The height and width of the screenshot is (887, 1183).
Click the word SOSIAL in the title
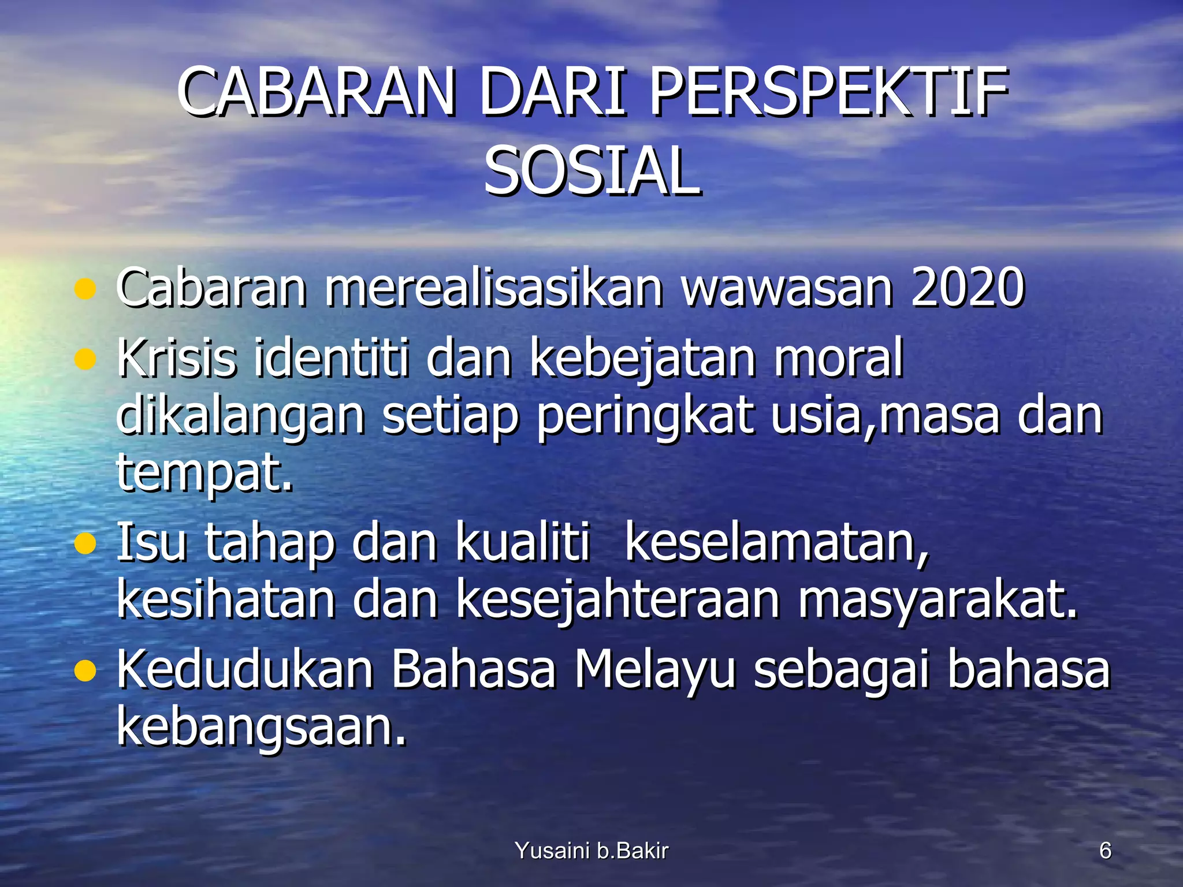pos(591,172)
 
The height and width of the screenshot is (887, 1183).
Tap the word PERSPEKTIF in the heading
pos(829,92)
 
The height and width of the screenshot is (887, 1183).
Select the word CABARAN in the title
pos(317,92)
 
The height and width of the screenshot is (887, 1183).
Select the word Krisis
pos(177,358)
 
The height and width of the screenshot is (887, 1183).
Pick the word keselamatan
pos(777,543)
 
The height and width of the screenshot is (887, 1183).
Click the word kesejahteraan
pos(618,601)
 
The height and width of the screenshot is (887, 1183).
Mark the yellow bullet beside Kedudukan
pos(85,671)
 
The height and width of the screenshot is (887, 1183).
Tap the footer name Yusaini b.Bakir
pos(591,851)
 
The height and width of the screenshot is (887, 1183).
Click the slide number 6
pos(1105,851)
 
